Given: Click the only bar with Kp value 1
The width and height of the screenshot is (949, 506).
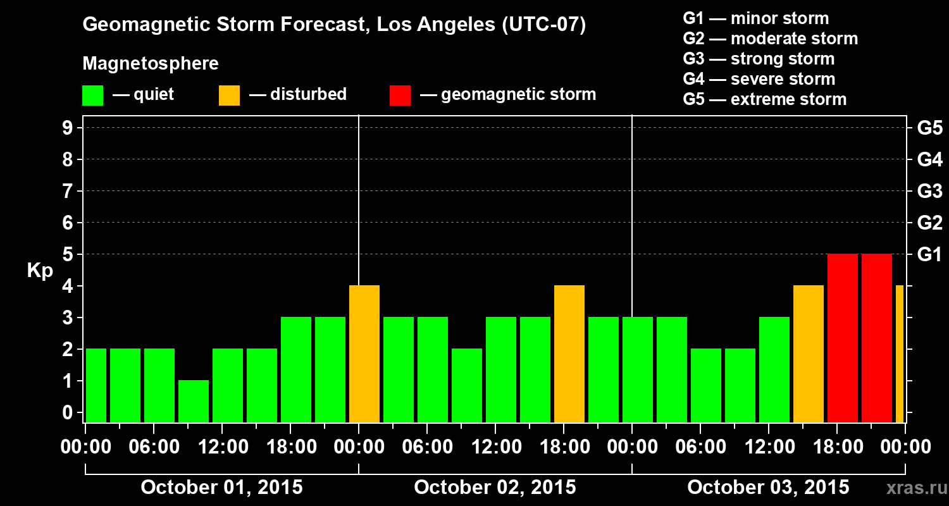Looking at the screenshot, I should tap(194, 401).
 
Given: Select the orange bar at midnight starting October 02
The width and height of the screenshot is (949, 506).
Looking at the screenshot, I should tap(364, 354).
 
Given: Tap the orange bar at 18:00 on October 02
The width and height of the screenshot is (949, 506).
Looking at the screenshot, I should tap(569, 354).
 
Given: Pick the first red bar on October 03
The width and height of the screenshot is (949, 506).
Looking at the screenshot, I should tap(843, 338).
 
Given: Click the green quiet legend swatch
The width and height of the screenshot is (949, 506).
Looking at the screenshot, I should tap(92, 95).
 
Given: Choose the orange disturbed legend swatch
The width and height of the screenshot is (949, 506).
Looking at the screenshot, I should tap(229, 95).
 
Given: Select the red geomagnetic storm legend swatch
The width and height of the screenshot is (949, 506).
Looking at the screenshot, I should tap(400, 95).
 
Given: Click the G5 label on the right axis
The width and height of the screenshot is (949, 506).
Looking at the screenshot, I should tap(929, 128).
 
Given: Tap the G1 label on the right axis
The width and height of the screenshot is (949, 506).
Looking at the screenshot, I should tap(929, 254).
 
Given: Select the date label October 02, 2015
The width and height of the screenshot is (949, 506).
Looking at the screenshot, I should tap(495, 487).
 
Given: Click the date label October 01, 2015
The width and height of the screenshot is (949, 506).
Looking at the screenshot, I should tap(221, 487).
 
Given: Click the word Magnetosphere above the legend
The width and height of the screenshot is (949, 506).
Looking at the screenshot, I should tap(151, 64).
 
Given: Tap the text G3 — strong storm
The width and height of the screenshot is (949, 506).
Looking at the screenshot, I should tap(759, 59).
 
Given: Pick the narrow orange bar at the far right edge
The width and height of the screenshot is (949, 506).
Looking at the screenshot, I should tap(900, 354).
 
